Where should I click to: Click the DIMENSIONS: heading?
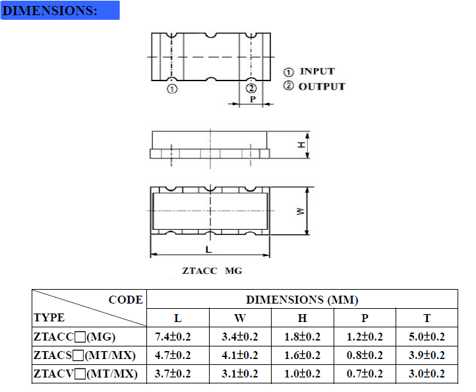click(51, 11)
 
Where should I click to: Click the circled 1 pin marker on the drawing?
click(171, 89)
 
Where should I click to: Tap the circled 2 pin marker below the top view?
click(251, 89)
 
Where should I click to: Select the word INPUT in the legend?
click(317, 71)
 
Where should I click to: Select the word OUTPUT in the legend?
click(322, 86)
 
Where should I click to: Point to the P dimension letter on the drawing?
click(253, 100)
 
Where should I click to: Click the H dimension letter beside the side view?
click(300, 145)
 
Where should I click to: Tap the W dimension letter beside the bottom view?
click(300, 211)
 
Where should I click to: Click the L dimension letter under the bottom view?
click(208, 249)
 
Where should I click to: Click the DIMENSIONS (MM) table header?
click(302, 300)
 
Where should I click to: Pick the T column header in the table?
click(427, 318)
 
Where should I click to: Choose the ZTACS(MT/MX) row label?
click(84, 356)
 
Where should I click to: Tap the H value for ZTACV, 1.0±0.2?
click(302, 374)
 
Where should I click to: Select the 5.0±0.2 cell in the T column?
click(427, 337)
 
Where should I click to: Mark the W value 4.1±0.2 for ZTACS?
click(239, 356)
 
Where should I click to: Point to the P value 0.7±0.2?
click(365, 374)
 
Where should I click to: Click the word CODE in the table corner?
click(125, 300)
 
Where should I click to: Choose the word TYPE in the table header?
click(49, 317)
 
